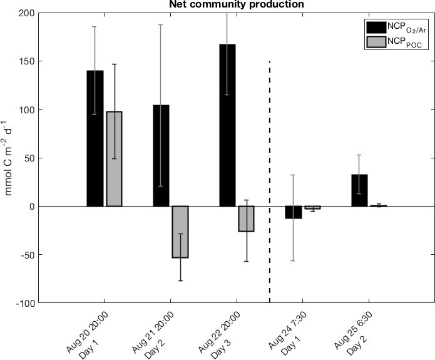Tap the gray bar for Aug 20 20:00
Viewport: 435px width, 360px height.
[114, 158]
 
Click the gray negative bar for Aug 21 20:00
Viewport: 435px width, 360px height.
[180, 232]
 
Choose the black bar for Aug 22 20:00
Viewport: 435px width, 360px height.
[227, 125]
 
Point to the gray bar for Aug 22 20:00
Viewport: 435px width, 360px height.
[247, 219]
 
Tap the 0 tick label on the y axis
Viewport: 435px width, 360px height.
[31, 206]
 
